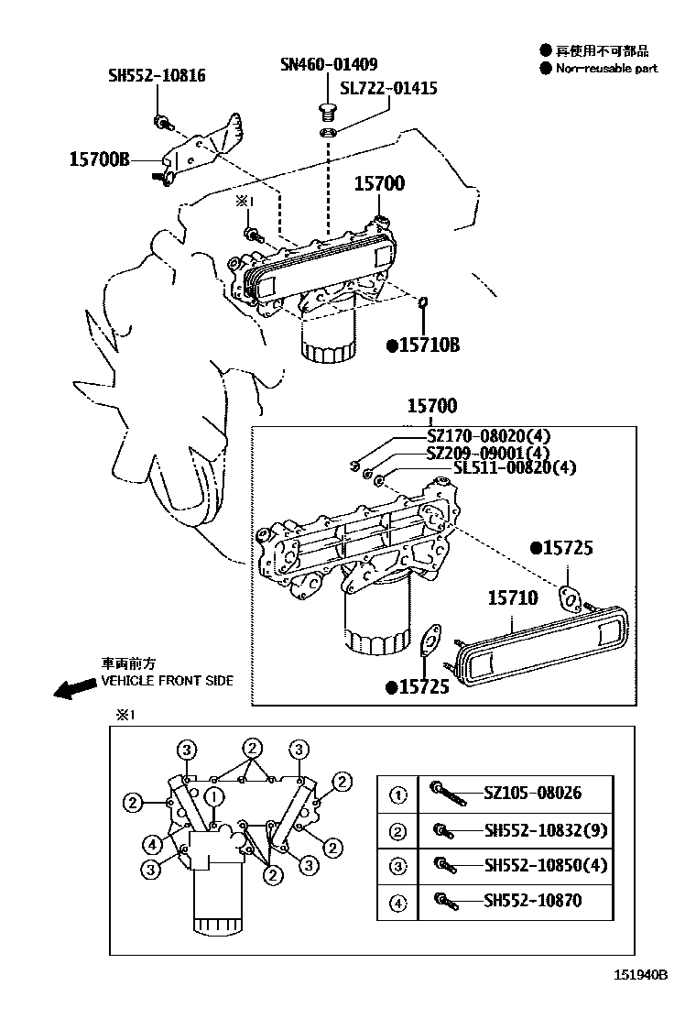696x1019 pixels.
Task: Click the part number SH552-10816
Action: pos(157,75)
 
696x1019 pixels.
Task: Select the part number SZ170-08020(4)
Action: pos(501,435)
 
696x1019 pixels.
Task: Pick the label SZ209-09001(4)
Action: pos(501,452)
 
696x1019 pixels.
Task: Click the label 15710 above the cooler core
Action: pos(512,598)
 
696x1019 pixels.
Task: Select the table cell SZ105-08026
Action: pos(532,794)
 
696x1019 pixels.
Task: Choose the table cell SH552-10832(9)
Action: pos(545,830)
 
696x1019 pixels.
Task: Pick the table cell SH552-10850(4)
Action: pos(545,865)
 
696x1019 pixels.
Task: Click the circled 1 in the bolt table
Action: pos(398,794)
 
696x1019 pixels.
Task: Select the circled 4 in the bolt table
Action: pos(398,903)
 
